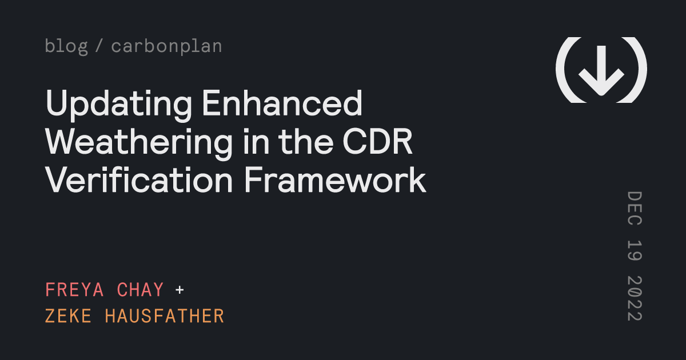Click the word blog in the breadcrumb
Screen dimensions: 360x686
(66, 46)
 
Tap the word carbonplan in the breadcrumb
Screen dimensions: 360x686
(166, 46)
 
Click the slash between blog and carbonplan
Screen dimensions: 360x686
(99, 46)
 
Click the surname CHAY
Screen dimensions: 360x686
(141, 290)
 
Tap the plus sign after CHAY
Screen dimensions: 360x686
(180, 290)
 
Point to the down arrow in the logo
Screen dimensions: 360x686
(601, 70)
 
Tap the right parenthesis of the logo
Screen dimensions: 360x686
(639, 70)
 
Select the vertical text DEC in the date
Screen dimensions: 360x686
(635, 210)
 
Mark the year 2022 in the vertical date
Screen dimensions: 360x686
(635, 299)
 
